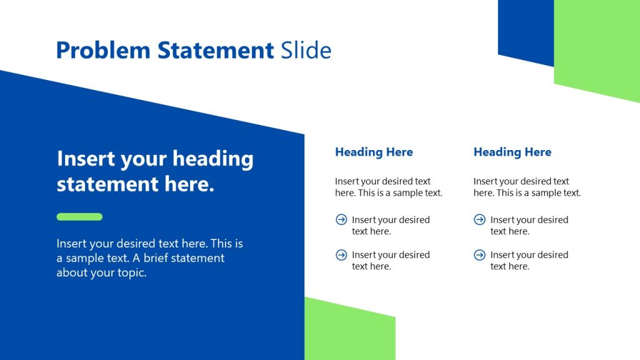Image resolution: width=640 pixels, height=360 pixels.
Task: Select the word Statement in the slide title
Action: (216, 50)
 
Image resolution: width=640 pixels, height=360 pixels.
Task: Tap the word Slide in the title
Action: (306, 50)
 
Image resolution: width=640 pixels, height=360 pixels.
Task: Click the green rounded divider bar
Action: (79, 217)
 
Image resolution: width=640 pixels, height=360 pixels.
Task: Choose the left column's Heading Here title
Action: (374, 152)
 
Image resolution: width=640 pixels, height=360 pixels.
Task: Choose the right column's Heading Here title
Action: (512, 152)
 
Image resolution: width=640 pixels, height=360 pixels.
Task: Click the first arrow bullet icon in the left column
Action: (341, 219)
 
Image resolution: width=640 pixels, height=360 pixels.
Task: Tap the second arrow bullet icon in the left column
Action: (341, 254)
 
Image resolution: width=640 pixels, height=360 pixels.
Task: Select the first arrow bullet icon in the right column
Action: (479, 219)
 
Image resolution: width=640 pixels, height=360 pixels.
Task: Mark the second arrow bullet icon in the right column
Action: (479, 254)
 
